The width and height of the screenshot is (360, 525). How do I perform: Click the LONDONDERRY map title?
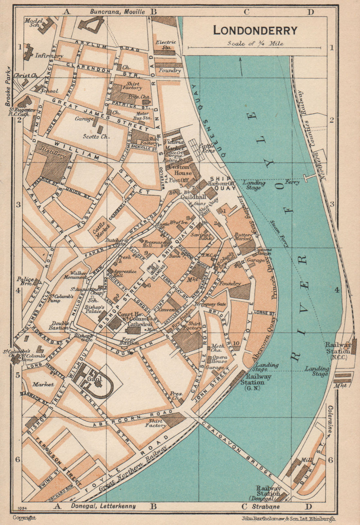click(x=255, y=30)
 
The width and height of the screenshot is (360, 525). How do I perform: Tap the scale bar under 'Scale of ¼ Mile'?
click(x=255, y=47)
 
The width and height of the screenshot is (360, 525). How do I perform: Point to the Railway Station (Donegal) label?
click(x=268, y=491)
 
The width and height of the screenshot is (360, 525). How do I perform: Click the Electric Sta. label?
click(x=166, y=44)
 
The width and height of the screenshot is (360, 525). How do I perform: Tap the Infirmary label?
click(x=49, y=56)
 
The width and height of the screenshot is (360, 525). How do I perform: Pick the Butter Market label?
click(x=243, y=236)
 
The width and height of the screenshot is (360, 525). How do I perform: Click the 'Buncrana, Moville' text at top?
click(x=117, y=12)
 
